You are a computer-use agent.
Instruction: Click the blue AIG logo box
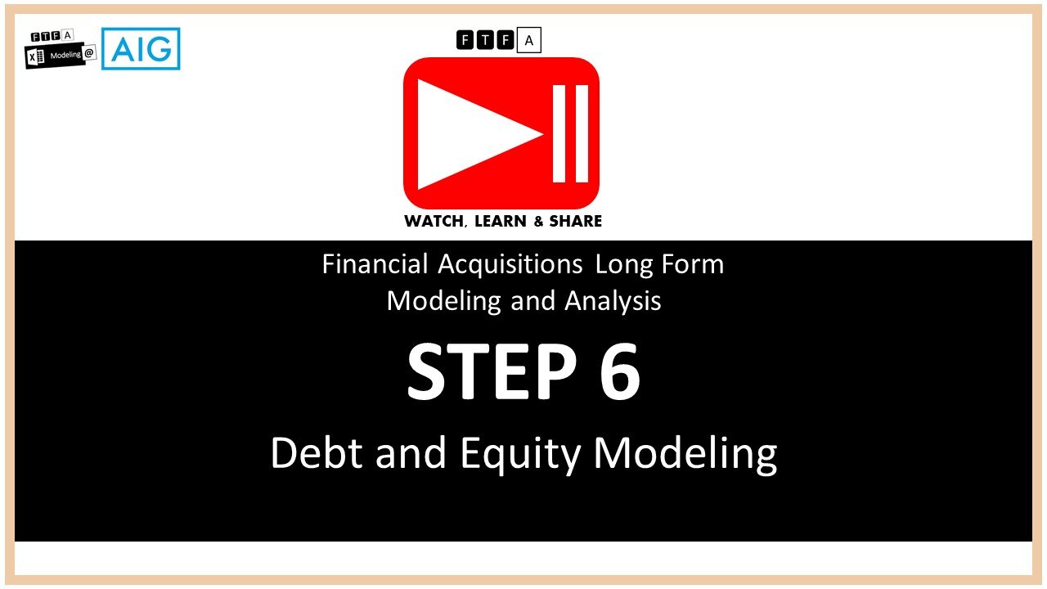pos(141,49)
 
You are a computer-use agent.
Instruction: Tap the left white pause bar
pos(559,134)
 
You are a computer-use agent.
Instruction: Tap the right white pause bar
pos(582,134)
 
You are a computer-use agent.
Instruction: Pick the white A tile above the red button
pos(528,40)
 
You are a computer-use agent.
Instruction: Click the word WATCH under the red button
pos(434,221)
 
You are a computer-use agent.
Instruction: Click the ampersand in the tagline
pos(541,221)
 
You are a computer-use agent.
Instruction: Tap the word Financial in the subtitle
pos(375,264)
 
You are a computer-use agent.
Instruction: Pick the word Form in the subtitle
pos(694,264)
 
